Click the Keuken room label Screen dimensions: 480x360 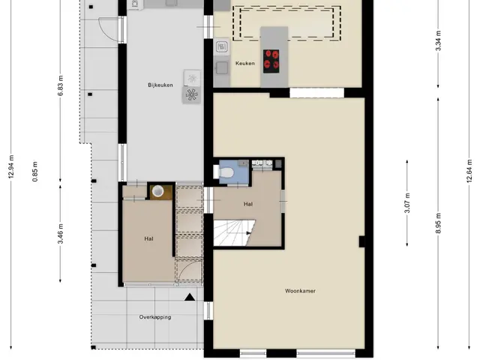245,63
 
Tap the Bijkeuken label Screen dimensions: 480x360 160,85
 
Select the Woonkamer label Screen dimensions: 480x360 300,291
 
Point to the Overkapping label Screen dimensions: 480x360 155,317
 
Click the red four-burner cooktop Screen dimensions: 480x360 271,61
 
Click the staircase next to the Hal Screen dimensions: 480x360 234,232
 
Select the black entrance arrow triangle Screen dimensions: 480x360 190,297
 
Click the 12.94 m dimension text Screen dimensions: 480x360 11,166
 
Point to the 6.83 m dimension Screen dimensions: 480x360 61,85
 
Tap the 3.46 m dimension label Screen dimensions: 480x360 61,234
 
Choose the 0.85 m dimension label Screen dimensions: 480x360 35,172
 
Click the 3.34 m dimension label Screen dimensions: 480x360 438,40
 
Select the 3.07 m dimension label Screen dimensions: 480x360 407,203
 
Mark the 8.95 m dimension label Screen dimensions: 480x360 438,223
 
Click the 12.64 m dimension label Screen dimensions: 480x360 469,172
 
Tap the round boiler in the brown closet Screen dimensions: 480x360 158,191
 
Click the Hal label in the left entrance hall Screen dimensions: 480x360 148,238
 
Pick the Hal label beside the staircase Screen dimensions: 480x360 248,204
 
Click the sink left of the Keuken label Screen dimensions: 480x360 222,67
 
